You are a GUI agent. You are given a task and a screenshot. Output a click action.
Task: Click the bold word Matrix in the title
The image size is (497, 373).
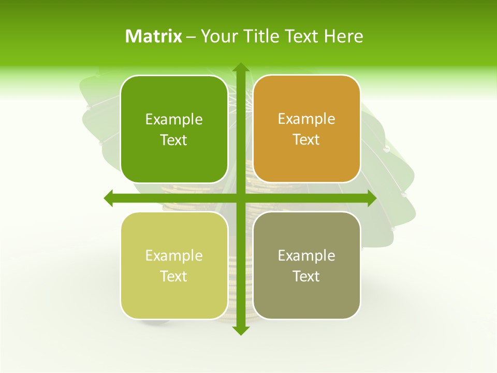(x=154, y=36)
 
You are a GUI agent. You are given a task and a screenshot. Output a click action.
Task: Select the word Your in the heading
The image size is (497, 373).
(x=218, y=36)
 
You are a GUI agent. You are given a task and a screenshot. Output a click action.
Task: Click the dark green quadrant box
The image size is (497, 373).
(x=174, y=130)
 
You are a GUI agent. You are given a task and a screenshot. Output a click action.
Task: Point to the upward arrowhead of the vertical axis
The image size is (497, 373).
(x=240, y=68)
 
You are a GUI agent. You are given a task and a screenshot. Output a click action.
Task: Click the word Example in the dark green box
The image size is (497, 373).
(x=174, y=120)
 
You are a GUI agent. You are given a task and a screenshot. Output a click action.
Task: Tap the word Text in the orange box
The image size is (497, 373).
(x=306, y=140)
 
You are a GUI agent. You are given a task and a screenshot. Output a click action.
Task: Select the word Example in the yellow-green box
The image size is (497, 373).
(x=174, y=256)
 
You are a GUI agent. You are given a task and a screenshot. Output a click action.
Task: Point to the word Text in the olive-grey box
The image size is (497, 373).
(x=306, y=276)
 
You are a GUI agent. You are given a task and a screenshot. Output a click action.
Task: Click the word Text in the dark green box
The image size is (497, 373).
(x=174, y=140)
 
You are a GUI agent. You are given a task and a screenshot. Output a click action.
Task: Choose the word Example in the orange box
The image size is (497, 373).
(x=306, y=119)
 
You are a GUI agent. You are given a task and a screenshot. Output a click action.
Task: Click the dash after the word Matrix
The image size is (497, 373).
(x=191, y=37)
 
